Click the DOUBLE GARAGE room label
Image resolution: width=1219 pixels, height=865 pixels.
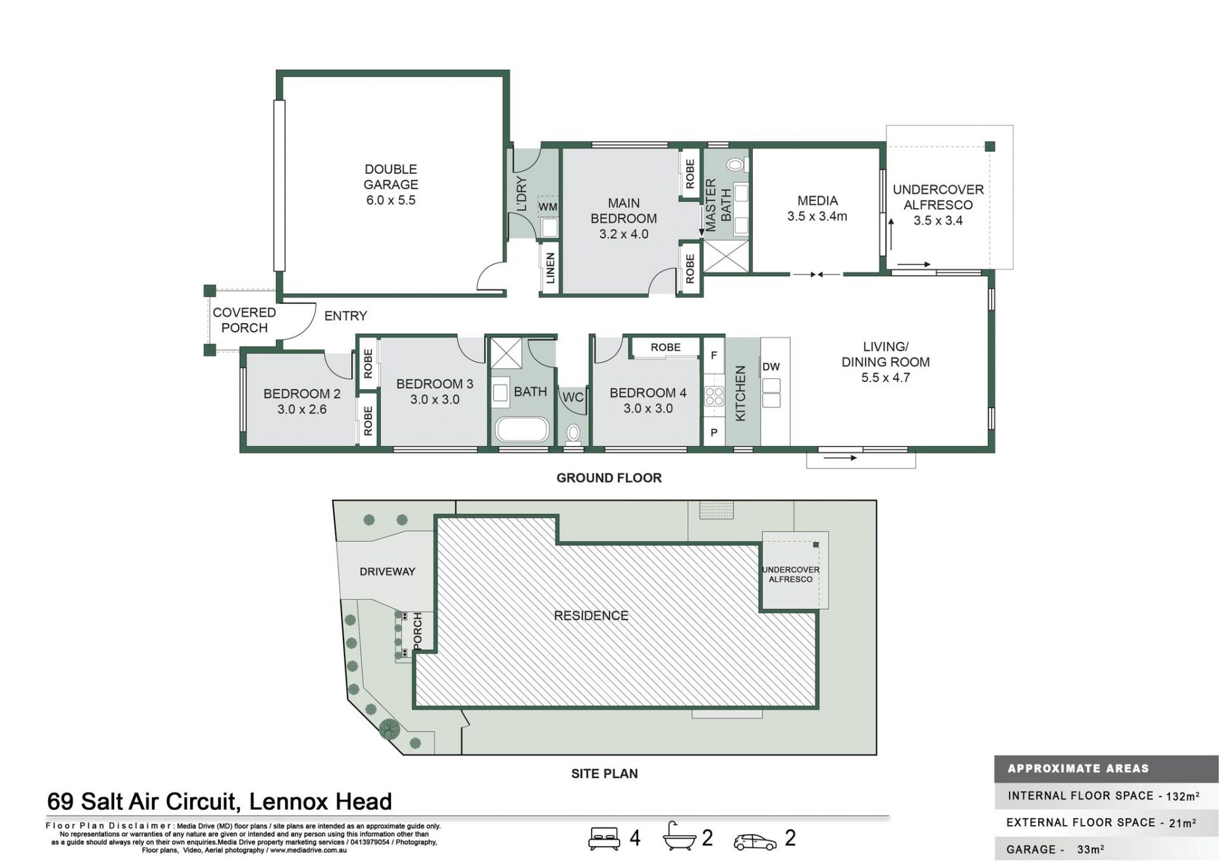click(390, 177)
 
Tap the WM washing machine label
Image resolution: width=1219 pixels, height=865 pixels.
click(547, 207)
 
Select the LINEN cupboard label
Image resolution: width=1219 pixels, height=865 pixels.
click(550, 268)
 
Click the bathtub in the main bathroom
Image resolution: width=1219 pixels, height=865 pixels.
click(521, 430)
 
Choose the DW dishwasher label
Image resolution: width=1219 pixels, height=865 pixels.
click(771, 367)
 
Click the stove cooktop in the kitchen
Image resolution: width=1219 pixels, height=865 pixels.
click(714, 397)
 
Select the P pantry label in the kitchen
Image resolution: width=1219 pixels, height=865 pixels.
click(714, 433)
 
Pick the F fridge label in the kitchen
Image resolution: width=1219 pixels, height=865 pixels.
click(714, 355)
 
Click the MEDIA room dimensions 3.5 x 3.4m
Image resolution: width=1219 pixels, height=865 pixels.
click(817, 216)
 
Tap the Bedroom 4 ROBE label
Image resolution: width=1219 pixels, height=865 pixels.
click(665, 347)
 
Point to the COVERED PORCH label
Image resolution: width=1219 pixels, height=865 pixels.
click(244, 320)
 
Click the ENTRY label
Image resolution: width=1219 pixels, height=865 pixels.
click(345, 315)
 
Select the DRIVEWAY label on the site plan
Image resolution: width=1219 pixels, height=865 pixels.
click(387, 571)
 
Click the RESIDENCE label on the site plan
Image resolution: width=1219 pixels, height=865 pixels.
click(591, 616)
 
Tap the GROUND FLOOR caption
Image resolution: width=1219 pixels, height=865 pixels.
click(609, 478)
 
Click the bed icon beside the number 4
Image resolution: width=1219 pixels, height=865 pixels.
click(604, 838)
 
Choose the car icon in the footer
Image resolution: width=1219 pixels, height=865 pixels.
click(754, 842)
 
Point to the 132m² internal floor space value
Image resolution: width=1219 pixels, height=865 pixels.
click(1183, 796)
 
